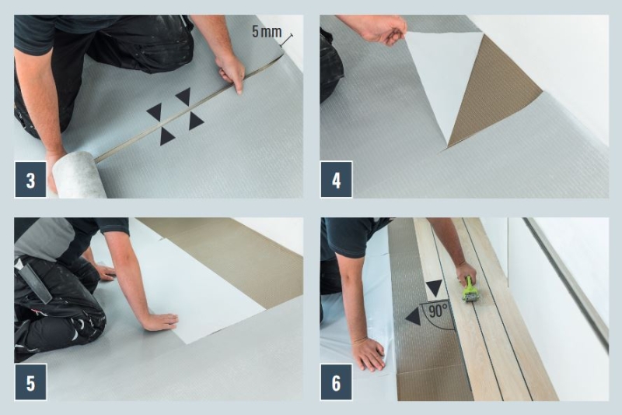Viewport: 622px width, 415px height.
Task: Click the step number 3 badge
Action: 30,180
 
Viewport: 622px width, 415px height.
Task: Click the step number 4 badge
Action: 336,180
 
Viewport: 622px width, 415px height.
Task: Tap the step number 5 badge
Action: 30,382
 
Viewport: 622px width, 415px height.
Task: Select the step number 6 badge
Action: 336,382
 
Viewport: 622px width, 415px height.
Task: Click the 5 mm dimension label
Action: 267,31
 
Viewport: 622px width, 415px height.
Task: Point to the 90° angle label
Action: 438,310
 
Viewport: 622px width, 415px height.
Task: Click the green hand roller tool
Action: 471,290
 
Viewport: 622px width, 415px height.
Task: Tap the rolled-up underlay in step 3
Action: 79,174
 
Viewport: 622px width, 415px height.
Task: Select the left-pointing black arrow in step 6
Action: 414,317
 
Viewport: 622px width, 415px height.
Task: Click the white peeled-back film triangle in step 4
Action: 444,79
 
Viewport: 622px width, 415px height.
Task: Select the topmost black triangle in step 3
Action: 184,96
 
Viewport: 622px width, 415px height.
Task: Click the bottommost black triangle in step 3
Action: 166,135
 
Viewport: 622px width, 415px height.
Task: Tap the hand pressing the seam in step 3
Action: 230,73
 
